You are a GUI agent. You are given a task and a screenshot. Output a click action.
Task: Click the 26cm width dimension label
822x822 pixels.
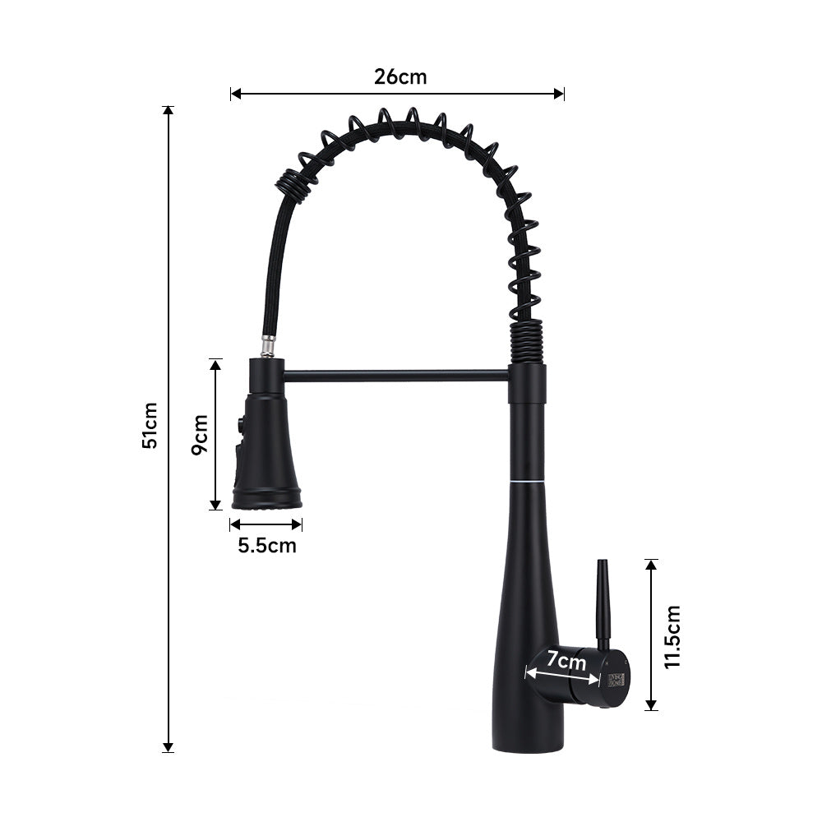click(x=400, y=76)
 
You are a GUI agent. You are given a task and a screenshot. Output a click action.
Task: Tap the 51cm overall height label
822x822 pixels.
click(x=150, y=426)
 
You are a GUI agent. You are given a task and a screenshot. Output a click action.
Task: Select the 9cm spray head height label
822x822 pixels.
click(x=199, y=434)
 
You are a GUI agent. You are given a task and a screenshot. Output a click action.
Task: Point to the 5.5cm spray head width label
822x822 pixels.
click(x=266, y=544)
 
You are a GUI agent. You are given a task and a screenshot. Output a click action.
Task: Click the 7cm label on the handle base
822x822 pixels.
click(x=566, y=660)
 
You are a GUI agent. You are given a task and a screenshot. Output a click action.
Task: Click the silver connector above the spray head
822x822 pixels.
click(x=268, y=345)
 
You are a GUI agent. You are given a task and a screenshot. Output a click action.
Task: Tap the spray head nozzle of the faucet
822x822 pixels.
click(x=266, y=497)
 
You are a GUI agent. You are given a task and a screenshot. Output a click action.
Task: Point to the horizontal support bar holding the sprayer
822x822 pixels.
click(x=395, y=376)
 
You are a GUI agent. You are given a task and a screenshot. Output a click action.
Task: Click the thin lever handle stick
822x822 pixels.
click(x=603, y=600)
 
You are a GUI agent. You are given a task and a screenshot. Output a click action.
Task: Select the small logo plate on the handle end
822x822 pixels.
click(x=616, y=679)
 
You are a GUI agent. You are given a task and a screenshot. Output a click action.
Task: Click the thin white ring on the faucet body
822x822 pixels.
click(x=526, y=479)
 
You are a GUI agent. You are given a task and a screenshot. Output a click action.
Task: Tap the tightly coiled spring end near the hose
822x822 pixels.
click(x=292, y=184)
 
